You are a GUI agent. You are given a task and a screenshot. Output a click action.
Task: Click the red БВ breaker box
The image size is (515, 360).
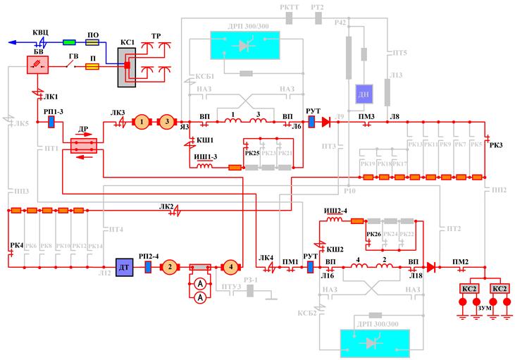point(34,65)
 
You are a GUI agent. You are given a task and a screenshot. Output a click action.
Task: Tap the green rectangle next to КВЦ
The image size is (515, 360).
point(69,42)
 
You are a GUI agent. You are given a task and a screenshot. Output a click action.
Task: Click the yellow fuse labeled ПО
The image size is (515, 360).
point(92,42)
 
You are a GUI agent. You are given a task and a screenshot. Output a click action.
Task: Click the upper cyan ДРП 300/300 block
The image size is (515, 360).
point(244,45)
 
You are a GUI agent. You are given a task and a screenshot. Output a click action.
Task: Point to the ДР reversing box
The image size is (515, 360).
point(84,143)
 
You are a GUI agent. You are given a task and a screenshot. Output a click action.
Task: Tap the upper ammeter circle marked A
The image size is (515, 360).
point(200,283)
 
